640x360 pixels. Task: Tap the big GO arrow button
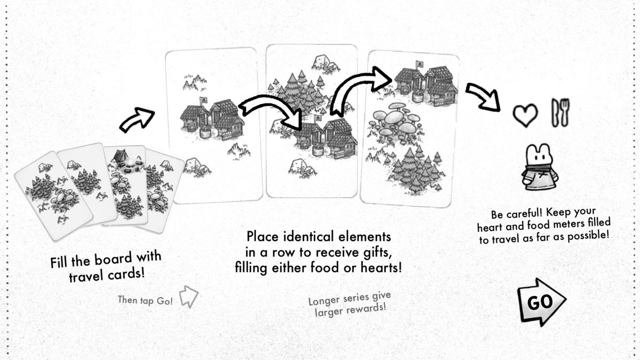[540, 302]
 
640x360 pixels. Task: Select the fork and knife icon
[558, 113]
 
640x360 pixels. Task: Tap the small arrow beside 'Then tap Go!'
[188, 297]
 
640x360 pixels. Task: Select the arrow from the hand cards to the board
[135, 119]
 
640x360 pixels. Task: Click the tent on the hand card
[119, 156]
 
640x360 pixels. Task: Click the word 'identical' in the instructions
[315, 236]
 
